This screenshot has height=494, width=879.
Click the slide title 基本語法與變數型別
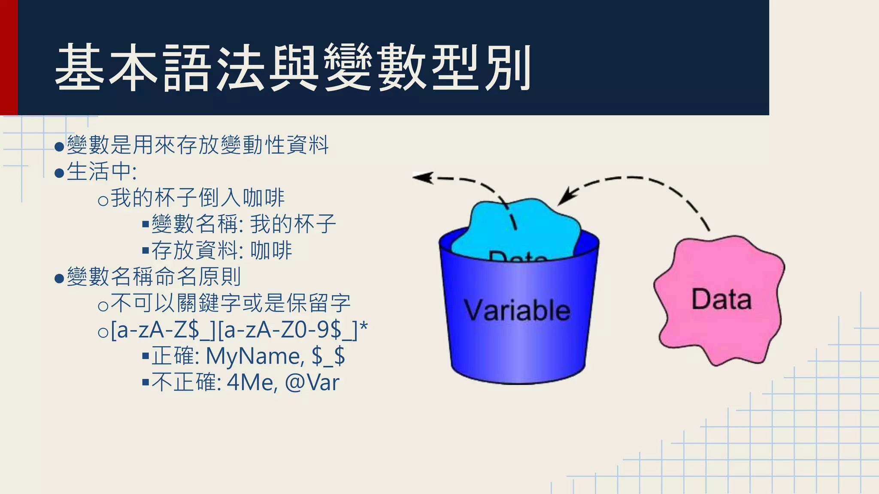tap(293, 68)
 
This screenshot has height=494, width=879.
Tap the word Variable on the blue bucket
tap(517, 310)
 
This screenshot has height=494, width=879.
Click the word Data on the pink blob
tap(721, 299)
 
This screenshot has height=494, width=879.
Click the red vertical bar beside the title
tap(8, 57)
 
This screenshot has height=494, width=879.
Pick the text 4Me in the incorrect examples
tap(251, 383)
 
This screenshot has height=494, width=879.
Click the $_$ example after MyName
tap(328, 356)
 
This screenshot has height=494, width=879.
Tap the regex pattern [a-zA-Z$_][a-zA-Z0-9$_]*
tap(239, 330)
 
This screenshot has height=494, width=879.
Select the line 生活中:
tap(102, 172)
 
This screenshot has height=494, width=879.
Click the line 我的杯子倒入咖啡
tap(197, 198)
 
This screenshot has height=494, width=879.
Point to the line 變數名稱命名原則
tap(154, 277)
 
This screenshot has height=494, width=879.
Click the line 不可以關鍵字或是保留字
tap(230, 303)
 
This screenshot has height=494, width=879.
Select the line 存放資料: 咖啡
tap(221, 251)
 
